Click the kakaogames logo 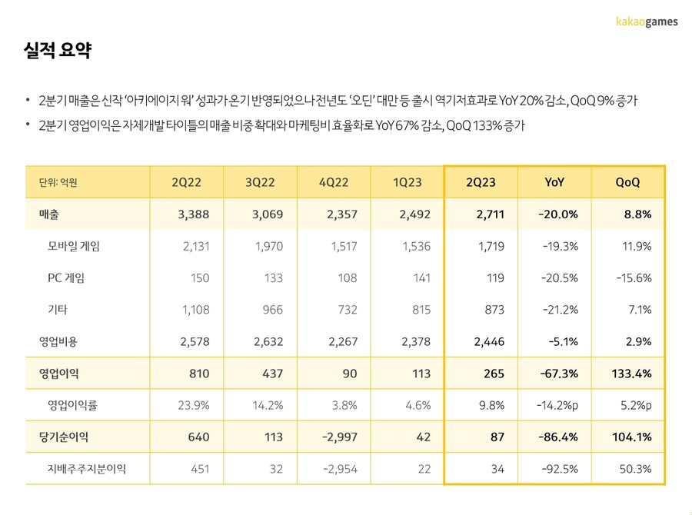click(647, 22)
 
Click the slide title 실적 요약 click(58, 51)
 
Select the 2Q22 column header click(187, 182)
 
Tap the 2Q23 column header click(481, 182)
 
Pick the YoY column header click(554, 182)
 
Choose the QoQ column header click(628, 182)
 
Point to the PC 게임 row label click(66, 278)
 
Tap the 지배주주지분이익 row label click(87, 469)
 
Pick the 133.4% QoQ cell click(632, 374)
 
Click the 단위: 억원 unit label click(58, 183)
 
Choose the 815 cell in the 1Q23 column click(420, 310)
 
